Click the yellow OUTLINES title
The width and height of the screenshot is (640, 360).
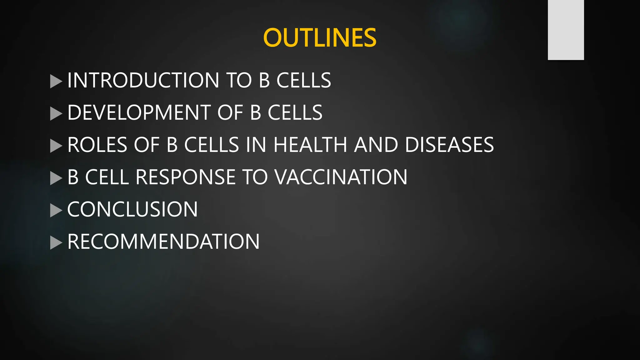320,38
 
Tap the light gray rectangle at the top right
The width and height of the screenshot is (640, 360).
566,30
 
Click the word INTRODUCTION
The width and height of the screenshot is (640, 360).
143,80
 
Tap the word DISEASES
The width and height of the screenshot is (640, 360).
449,145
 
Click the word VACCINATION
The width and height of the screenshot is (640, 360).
341,177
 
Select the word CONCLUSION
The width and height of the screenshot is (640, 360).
132,209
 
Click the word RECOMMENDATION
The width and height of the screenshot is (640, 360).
163,242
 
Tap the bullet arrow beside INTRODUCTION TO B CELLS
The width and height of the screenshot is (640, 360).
56,81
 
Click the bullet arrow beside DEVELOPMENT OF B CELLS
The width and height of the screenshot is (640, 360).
56,113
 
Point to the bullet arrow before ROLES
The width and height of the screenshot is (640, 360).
56,146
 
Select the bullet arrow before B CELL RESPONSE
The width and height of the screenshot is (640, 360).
56,178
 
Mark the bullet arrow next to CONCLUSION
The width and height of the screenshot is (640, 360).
56,210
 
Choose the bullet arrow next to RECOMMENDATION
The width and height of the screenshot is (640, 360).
56,242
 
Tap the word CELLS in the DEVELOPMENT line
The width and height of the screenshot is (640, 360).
295,112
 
